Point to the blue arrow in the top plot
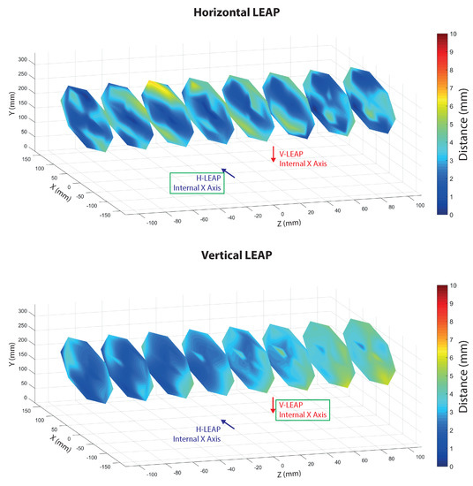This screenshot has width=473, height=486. pyautogui.click(x=229, y=173)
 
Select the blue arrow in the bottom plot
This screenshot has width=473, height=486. pyautogui.click(x=228, y=424)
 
